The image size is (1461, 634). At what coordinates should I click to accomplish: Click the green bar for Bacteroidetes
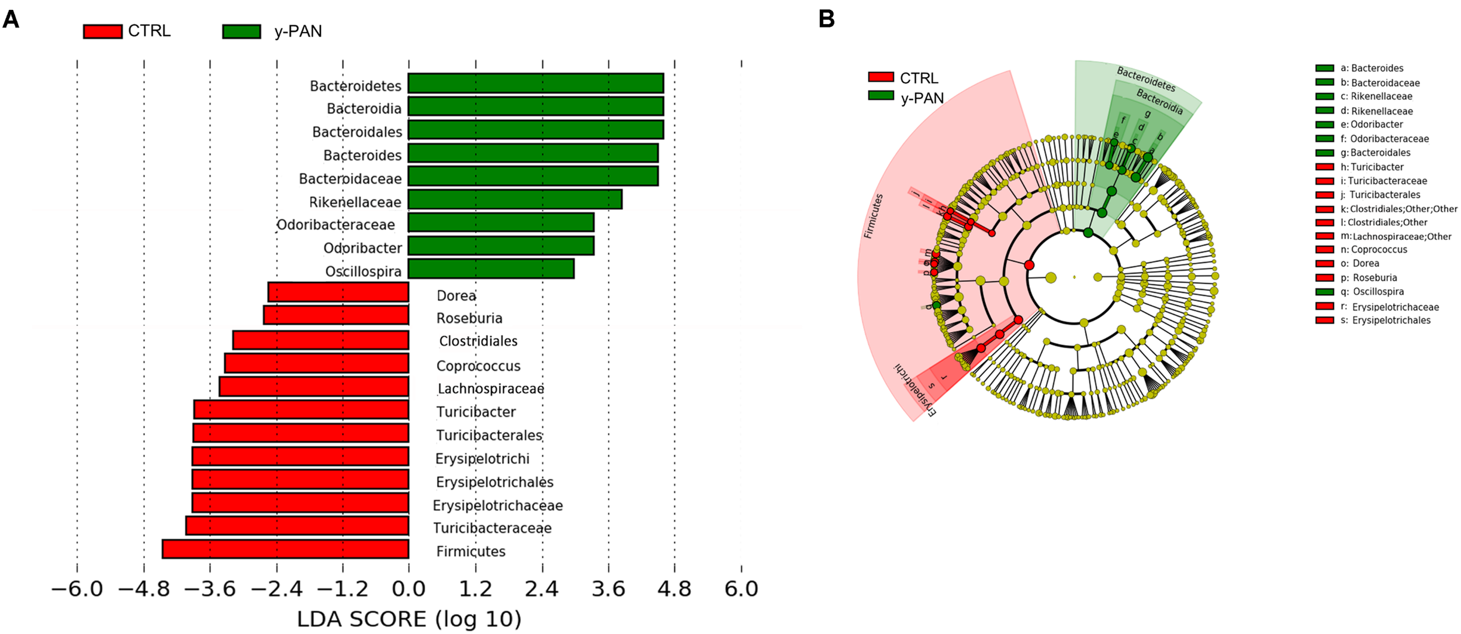click(535, 83)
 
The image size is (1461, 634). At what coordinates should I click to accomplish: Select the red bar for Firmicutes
click(285, 549)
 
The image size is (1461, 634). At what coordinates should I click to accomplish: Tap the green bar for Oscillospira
click(491, 269)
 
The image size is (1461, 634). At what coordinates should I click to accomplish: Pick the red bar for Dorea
click(338, 292)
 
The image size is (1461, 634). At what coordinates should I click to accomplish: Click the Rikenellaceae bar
click(514, 199)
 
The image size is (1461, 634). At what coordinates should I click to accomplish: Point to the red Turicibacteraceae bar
click(297, 526)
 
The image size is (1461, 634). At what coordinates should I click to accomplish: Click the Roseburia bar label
click(469, 318)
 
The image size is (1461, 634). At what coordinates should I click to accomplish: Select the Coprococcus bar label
click(478, 366)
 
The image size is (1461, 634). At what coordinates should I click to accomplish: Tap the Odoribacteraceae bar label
click(335, 225)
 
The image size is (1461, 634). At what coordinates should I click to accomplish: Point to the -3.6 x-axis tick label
click(210, 588)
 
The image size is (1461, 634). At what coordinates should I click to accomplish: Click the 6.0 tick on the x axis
click(741, 588)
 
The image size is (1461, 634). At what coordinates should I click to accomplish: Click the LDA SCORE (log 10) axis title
click(409, 619)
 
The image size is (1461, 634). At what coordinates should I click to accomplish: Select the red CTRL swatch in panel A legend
click(102, 31)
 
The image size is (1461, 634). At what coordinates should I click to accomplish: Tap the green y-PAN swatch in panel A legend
click(241, 31)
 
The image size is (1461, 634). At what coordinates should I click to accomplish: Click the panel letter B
click(826, 19)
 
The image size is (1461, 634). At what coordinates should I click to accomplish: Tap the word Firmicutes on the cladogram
click(873, 216)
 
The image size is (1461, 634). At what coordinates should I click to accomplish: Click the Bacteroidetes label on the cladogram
click(1145, 79)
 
